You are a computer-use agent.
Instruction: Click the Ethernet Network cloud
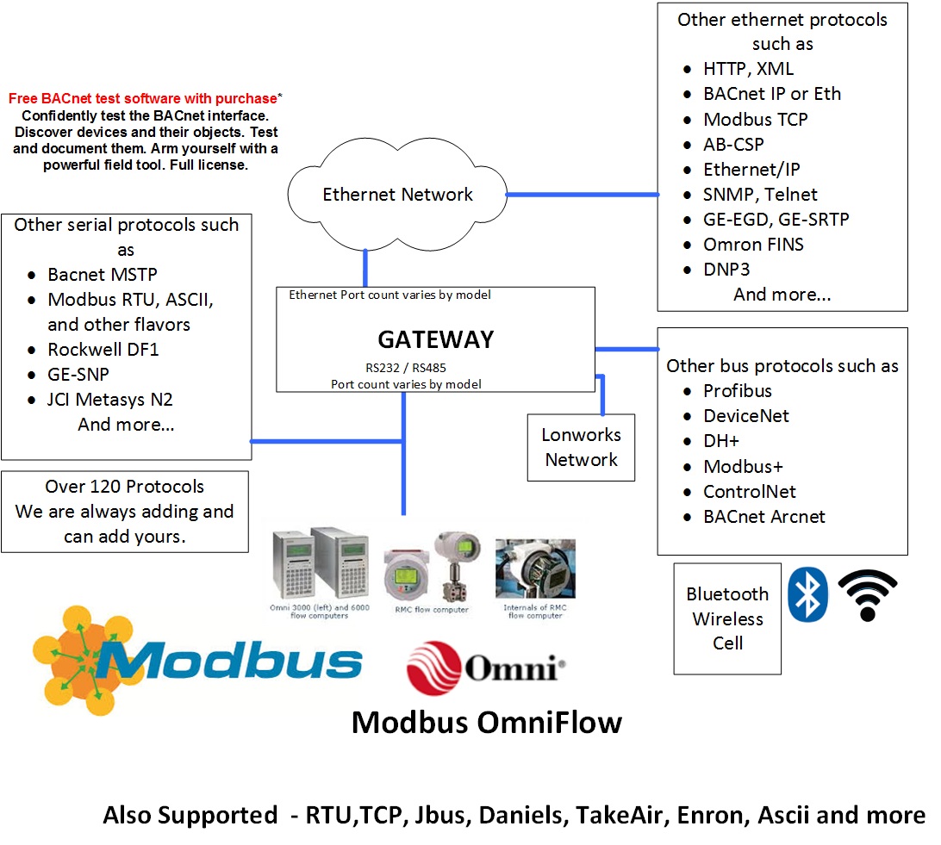[397, 195]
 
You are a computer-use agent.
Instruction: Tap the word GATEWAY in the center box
[436, 339]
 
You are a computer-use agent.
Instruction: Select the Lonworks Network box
[581, 448]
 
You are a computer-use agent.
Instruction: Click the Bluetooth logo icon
[808, 594]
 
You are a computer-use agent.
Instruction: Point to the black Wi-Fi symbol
[868, 595]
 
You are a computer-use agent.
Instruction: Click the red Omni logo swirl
[434, 668]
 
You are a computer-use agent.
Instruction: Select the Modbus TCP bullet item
[756, 120]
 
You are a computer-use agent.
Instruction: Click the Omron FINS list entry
[753, 245]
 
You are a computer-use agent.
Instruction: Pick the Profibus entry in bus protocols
[738, 391]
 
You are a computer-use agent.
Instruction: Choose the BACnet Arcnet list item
[764, 517]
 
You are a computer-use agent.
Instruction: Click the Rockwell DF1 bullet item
[103, 350]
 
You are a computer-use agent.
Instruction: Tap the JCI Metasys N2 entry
[110, 400]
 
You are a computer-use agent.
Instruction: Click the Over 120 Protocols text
[125, 487]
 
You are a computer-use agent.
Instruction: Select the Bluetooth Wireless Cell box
[727, 618]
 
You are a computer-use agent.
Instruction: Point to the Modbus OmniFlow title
[486, 722]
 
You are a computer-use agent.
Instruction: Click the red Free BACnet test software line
[143, 99]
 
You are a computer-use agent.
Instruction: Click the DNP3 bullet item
[726, 270]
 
